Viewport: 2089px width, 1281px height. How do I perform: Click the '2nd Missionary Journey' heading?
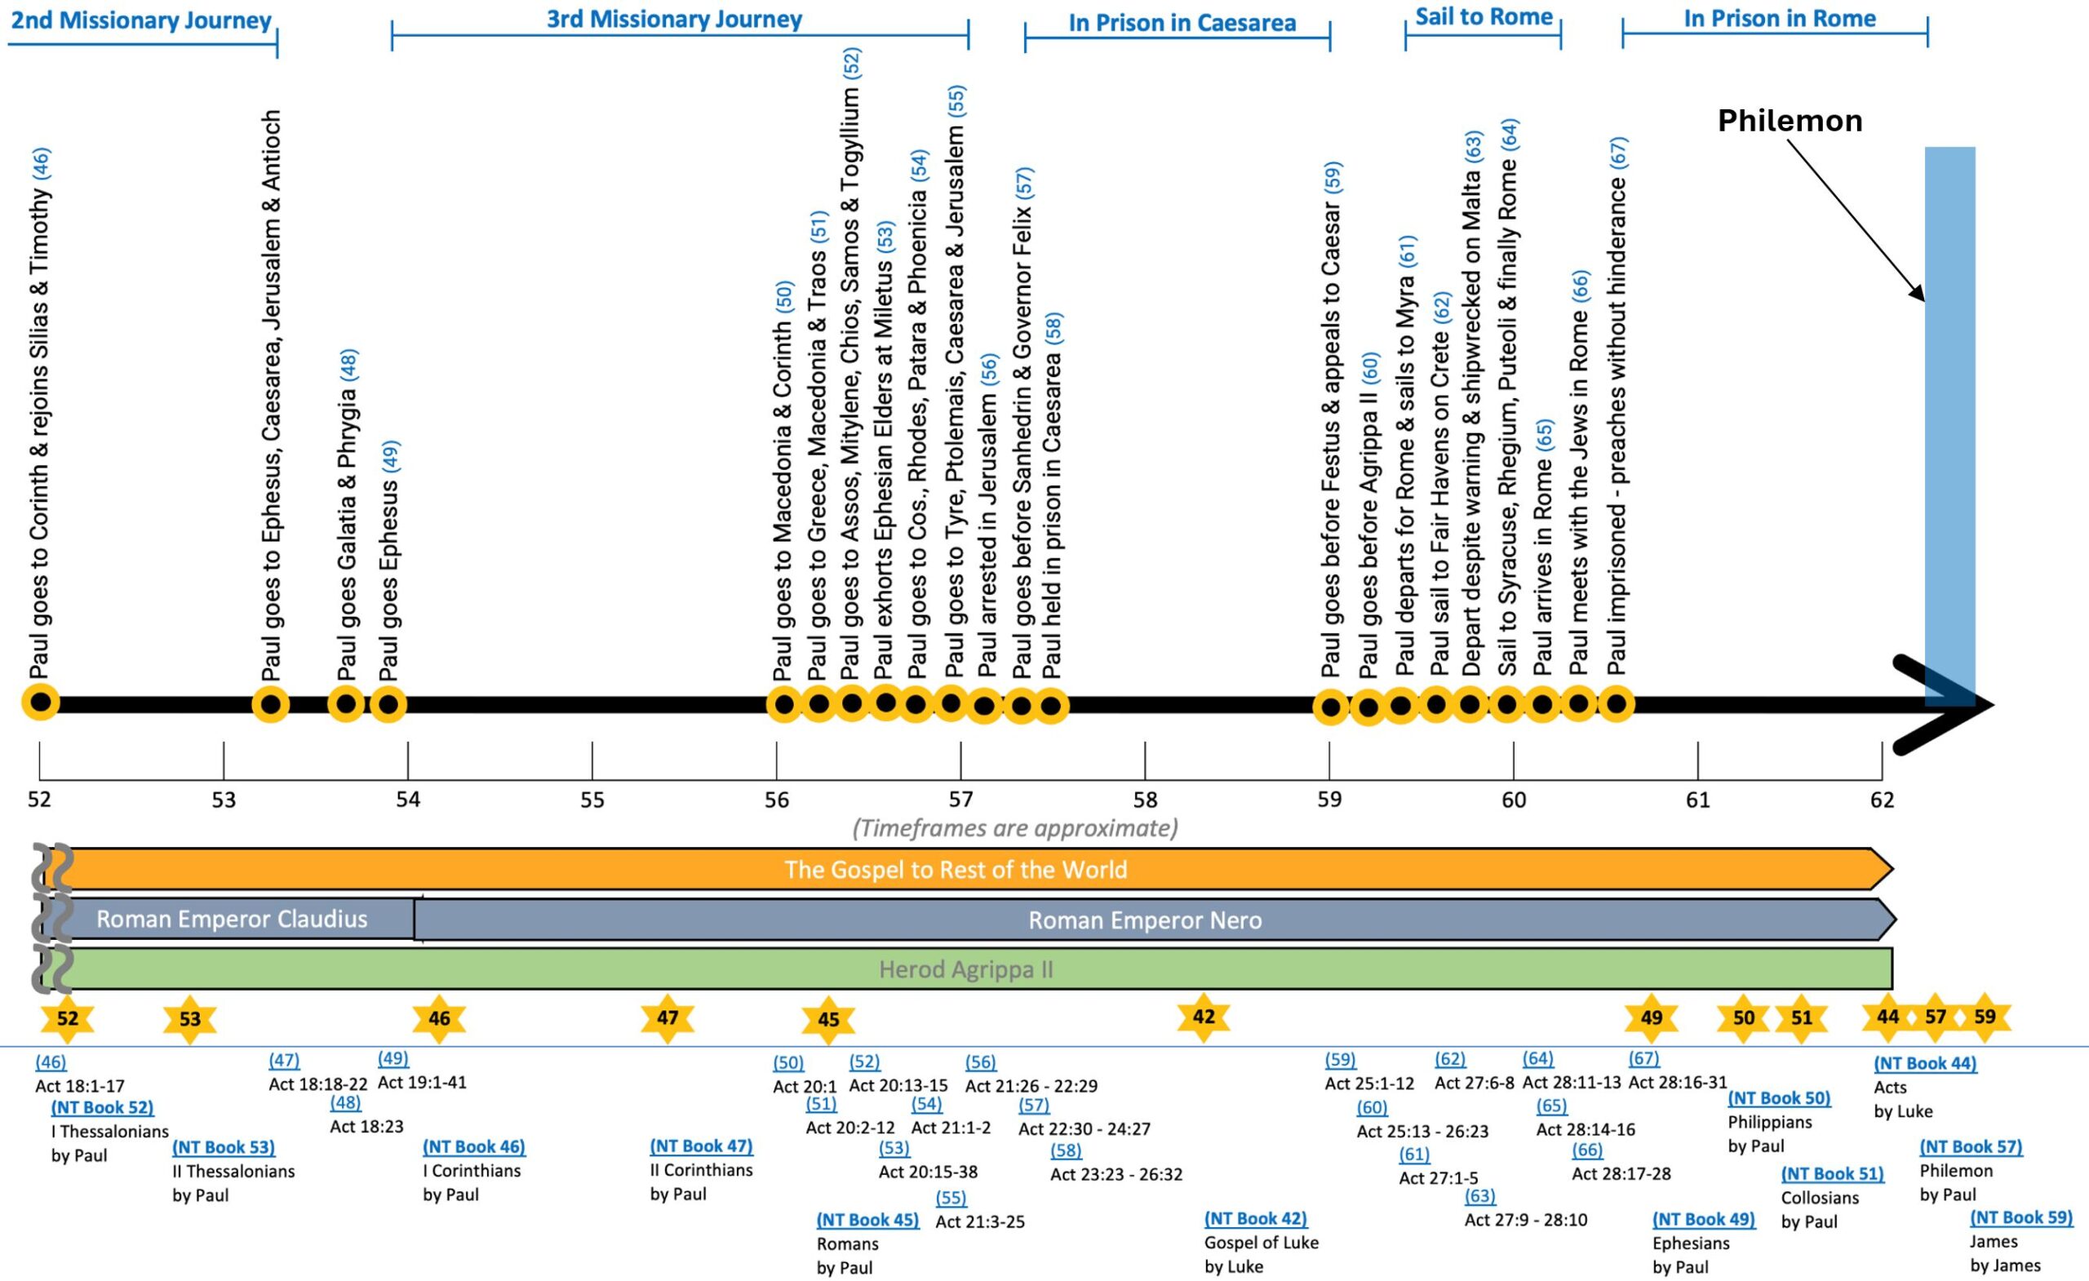(x=140, y=20)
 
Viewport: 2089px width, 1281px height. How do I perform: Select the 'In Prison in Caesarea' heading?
(x=1182, y=23)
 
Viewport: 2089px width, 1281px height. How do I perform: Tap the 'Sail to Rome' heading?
(x=1484, y=17)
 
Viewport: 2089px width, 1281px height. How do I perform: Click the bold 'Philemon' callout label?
(x=1790, y=122)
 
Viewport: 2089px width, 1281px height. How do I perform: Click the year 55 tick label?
(x=592, y=800)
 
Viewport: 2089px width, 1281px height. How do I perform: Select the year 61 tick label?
(x=1697, y=800)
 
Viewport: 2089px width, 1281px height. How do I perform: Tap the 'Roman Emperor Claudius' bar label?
(x=232, y=919)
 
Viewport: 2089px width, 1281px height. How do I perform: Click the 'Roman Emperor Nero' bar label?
(x=1145, y=920)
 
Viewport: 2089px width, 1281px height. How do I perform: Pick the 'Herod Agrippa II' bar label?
(x=965, y=969)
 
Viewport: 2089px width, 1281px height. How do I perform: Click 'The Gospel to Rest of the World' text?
(x=956, y=870)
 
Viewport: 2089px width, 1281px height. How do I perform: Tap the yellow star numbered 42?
(x=1203, y=1017)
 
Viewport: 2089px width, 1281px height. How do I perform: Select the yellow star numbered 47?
(x=668, y=1017)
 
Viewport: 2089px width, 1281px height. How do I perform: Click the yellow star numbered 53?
(x=190, y=1019)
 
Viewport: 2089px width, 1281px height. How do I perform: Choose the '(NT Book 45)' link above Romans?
(x=867, y=1220)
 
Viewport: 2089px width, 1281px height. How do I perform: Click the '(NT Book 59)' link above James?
(x=2021, y=1217)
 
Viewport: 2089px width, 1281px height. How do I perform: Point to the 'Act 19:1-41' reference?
(x=421, y=1083)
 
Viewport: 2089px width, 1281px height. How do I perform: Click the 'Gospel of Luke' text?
(x=1261, y=1243)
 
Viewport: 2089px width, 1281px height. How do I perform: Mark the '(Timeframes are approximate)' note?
(x=1015, y=828)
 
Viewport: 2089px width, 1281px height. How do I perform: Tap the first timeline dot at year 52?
(x=41, y=703)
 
